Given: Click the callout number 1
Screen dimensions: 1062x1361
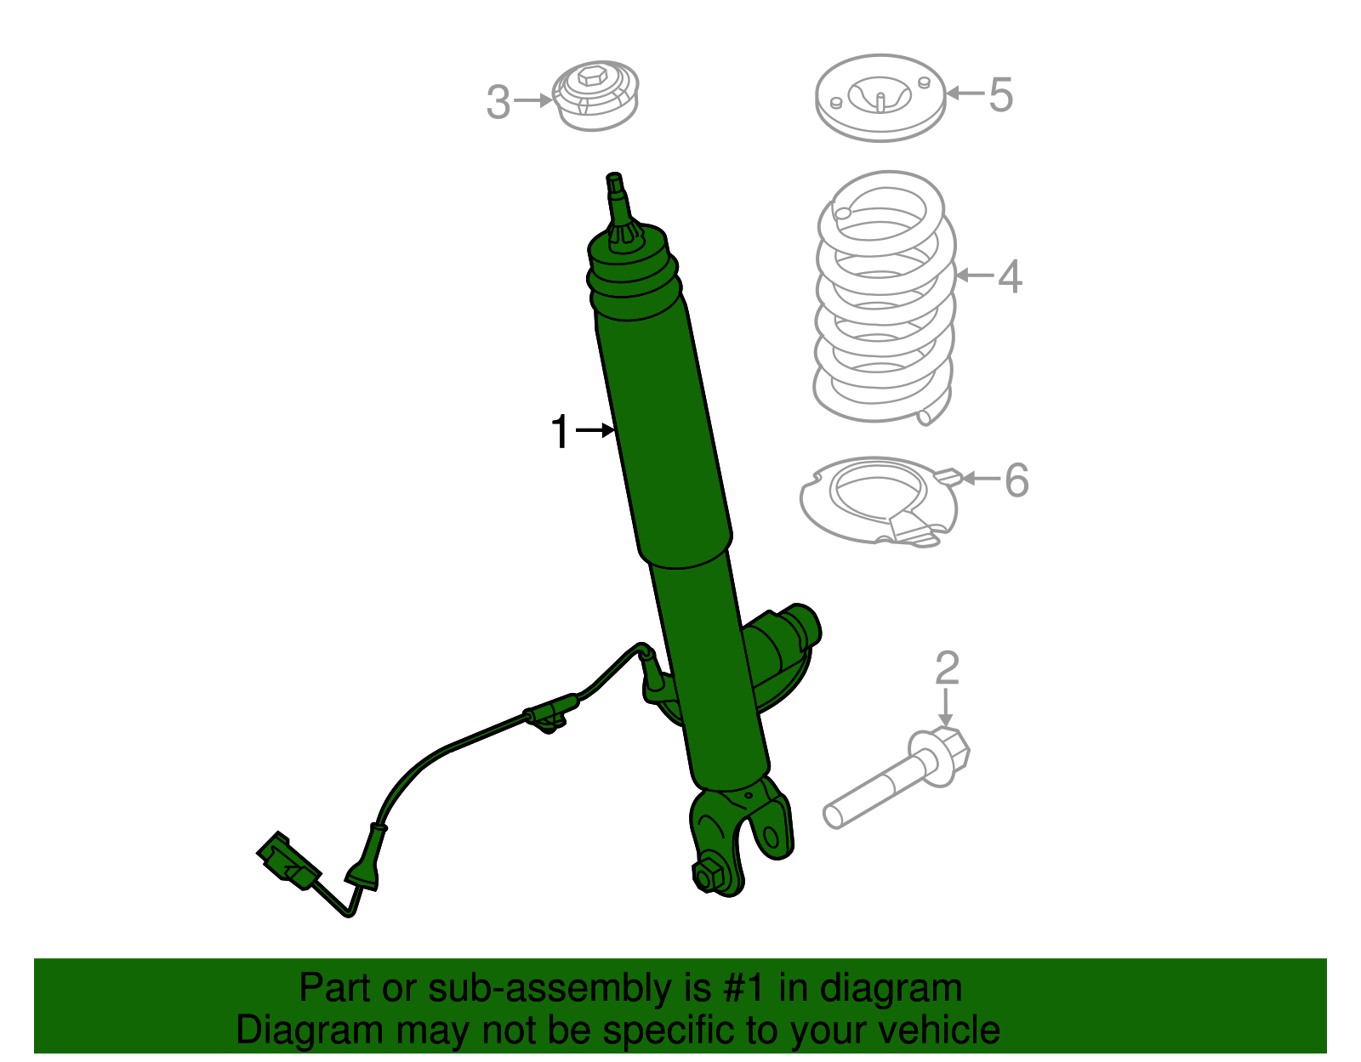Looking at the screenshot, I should coord(560,432).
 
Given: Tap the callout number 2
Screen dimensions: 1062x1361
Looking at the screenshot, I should coord(947,668).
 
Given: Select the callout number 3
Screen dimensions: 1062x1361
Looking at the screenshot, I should coord(498,102).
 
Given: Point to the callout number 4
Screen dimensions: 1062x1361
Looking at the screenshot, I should coord(1010,276).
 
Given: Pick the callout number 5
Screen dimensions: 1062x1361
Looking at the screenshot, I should coord(1001,94).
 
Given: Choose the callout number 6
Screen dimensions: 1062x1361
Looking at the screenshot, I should coord(1016,480).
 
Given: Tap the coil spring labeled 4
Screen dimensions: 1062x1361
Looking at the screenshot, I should coord(885,298).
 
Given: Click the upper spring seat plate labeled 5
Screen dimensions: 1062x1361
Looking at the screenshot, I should coord(880,98).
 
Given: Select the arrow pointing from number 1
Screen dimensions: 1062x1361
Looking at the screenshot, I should coord(595,431).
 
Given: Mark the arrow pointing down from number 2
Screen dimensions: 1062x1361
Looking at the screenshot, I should coord(946,707).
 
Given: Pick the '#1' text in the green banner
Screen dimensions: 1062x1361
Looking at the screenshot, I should coord(745,988).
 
